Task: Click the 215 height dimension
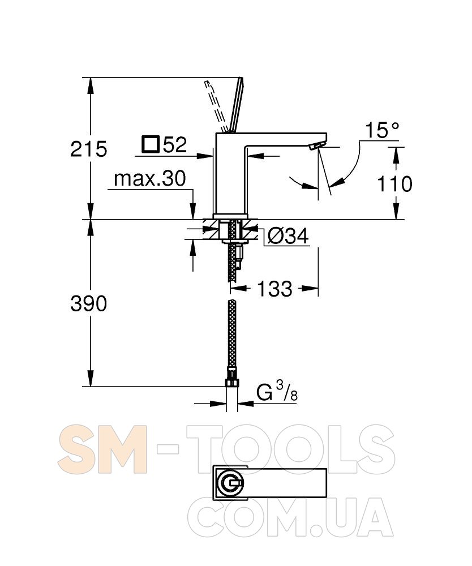[89, 149]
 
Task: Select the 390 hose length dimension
[89, 303]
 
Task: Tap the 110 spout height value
[394, 184]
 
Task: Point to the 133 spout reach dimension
[274, 289]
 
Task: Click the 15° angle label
[382, 130]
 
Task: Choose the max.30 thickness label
[150, 178]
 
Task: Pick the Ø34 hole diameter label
[288, 237]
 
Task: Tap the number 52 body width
[175, 144]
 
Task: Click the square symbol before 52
[151, 145]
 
